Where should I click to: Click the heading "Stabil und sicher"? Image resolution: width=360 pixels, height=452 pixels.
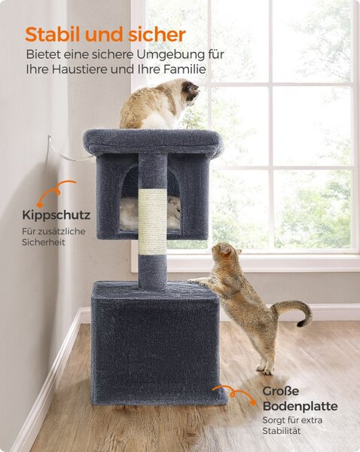point(105,35)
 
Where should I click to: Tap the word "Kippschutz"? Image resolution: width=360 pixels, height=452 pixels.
point(56,215)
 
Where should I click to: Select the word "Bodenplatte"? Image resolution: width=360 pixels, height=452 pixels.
point(300,406)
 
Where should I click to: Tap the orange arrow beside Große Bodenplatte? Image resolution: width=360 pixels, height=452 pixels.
point(235,392)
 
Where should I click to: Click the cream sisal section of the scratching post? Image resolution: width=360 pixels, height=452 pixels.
point(152,221)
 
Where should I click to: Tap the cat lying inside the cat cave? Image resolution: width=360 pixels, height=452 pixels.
point(150,213)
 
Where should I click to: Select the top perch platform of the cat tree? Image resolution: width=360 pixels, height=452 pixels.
point(153,142)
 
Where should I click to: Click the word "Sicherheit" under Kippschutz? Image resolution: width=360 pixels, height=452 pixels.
point(44,243)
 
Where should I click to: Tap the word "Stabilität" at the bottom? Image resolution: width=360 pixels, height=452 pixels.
point(282,431)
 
